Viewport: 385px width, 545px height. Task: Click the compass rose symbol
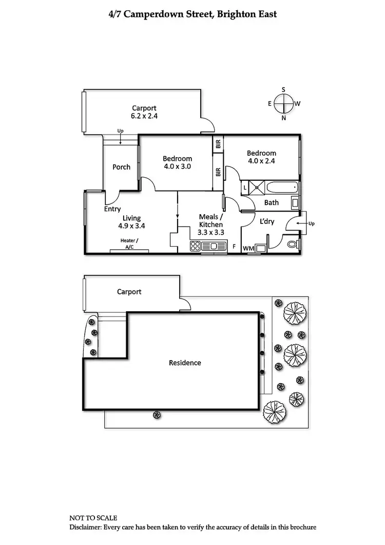(x=283, y=104)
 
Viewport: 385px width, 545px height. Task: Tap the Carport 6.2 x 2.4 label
(x=144, y=112)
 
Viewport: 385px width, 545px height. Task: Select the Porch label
(x=121, y=167)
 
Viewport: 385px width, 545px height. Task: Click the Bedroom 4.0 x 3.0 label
(x=178, y=162)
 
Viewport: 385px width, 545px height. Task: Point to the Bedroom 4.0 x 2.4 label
(x=261, y=157)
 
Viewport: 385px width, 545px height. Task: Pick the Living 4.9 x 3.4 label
(x=131, y=222)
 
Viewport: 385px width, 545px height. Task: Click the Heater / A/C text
(x=129, y=243)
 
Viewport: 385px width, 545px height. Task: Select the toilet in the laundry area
(x=293, y=245)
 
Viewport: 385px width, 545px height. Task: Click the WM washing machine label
(x=248, y=249)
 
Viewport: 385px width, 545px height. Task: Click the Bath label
(x=272, y=202)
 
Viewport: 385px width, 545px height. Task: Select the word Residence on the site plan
(x=185, y=363)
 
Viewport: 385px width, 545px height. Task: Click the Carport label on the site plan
(x=129, y=292)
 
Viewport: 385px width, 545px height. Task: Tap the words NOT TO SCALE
(x=93, y=517)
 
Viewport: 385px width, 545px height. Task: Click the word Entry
(x=112, y=209)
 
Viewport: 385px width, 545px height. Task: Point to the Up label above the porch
(x=120, y=130)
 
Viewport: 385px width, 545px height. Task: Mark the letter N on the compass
(x=283, y=118)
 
